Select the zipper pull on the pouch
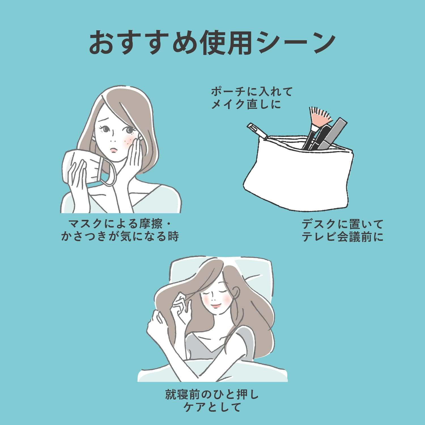256,130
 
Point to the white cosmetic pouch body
297,176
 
